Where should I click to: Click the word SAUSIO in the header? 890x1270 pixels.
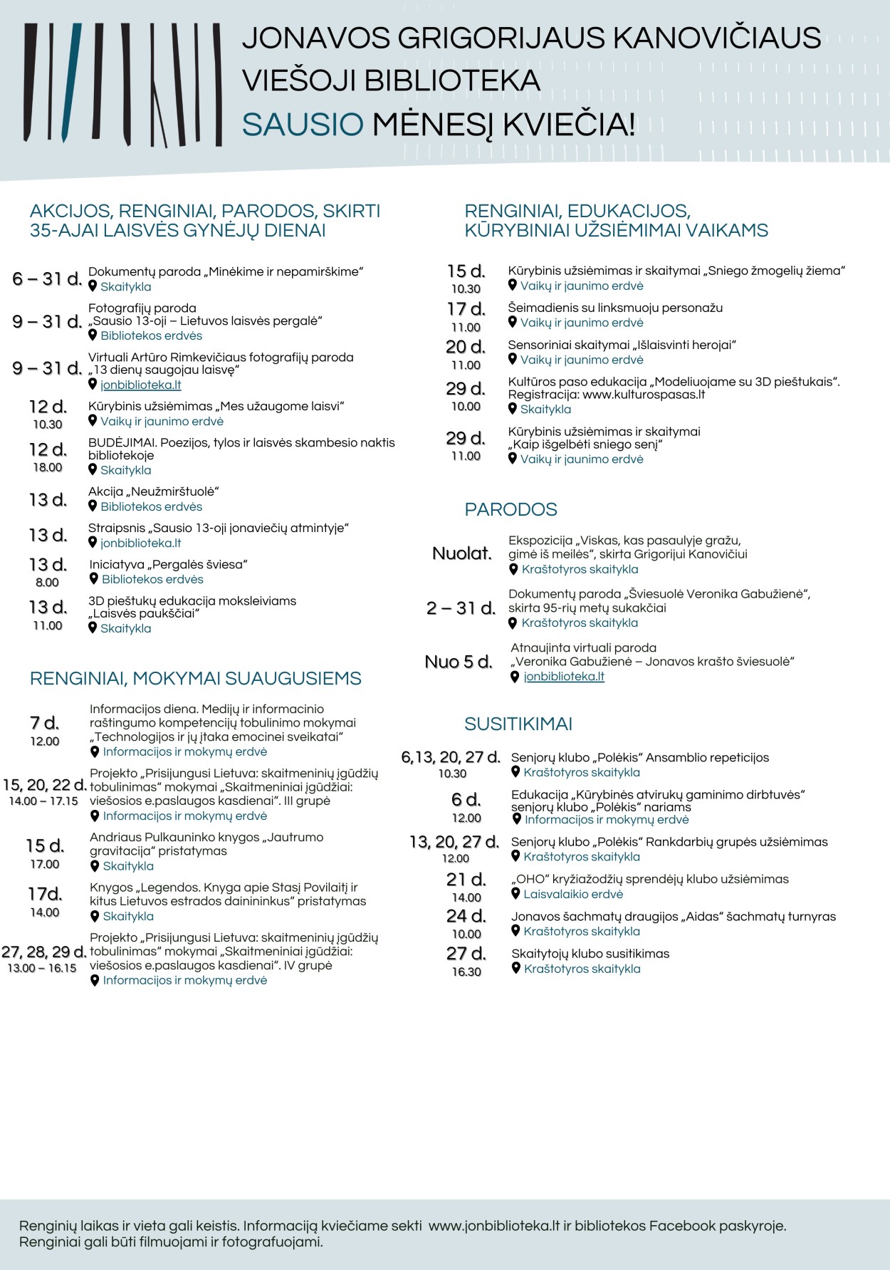click(303, 125)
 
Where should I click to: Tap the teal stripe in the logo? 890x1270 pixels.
click(72, 82)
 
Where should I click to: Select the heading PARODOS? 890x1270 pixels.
click(511, 509)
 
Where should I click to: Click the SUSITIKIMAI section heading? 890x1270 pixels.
click(518, 724)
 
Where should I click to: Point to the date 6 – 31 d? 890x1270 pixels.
click(47, 279)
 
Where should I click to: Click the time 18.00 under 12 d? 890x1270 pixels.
click(48, 467)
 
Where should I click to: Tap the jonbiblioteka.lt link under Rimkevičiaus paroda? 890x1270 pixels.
click(141, 385)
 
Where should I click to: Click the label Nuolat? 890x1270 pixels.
click(462, 553)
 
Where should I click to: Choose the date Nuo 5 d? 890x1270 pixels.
click(459, 662)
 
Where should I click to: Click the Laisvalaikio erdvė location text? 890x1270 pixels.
click(573, 894)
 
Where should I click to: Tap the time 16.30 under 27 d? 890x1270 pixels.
click(466, 972)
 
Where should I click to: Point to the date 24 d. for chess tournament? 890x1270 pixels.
click(466, 915)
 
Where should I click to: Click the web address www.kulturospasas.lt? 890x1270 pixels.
click(644, 395)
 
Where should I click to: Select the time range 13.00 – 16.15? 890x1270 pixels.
click(42, 968)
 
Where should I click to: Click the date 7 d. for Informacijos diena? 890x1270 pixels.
click(44, 722)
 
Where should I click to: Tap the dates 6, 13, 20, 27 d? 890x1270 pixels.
click(451, 756)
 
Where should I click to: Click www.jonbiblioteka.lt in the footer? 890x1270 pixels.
click(494, 1226)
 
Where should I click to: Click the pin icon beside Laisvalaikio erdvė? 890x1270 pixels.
click(516, 893)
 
